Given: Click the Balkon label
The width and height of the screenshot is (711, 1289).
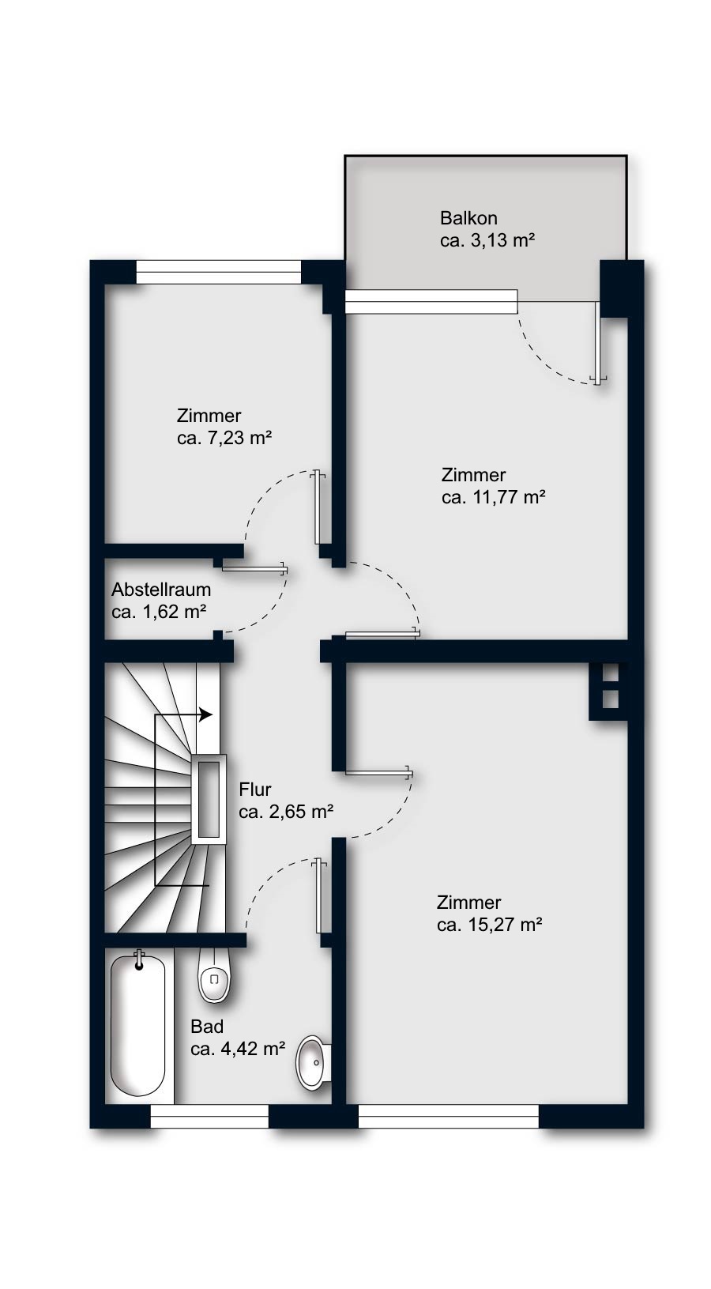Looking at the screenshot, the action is tap(468, 218).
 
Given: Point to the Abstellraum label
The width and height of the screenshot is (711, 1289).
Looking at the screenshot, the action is tap(161, 590).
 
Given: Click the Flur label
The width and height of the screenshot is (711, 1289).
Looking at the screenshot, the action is tap(255, 790).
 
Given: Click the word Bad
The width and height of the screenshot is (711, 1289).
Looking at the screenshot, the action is tap(207, 1027).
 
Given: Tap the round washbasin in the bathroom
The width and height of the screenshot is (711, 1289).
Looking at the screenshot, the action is tap(313, 1061).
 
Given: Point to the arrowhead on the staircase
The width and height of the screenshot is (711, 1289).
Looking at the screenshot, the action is tap(206, 715).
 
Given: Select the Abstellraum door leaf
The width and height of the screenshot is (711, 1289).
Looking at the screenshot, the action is tap(254, 568).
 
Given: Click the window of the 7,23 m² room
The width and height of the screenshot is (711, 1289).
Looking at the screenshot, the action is tap(219, 272).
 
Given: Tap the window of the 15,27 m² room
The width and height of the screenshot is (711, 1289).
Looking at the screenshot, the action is tap(449, 1116).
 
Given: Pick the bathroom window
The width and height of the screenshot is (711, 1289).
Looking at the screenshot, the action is tap(209, 1116).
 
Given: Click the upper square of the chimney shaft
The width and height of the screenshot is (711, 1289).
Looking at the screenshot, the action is tap(610, 673).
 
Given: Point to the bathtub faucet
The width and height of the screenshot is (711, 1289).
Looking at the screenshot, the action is tap(138, 960).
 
